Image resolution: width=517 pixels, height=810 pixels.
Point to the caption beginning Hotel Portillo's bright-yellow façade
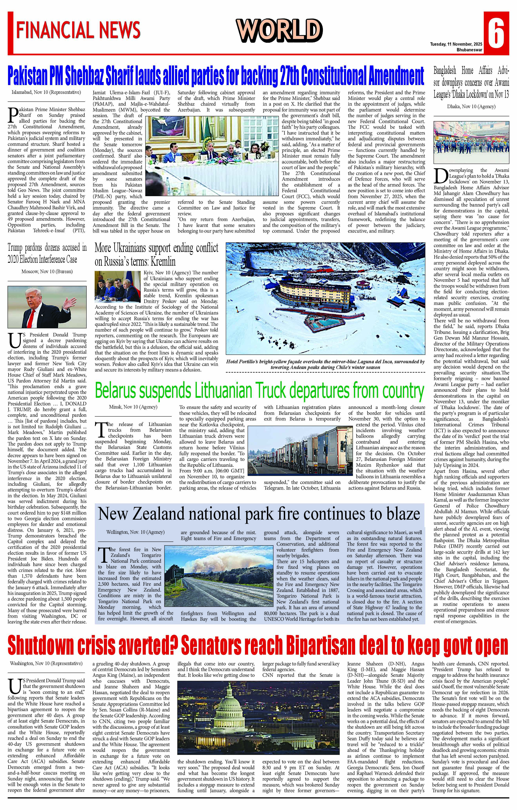tap(325, 364)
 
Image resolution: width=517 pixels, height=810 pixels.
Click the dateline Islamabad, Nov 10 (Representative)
tap(46, 92)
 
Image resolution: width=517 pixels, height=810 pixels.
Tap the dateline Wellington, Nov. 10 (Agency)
tap(135, 532)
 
